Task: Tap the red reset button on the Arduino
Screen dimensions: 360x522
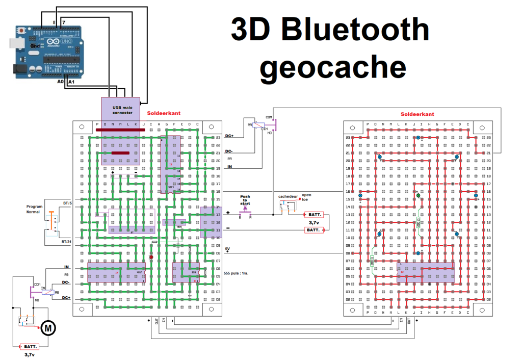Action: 21,32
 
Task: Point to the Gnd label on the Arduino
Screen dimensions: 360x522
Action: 35,46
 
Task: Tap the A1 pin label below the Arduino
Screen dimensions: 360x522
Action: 71,82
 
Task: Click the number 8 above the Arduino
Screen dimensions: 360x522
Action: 55,23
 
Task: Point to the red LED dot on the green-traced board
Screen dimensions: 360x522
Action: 151,258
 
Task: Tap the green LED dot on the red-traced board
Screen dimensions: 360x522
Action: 418,195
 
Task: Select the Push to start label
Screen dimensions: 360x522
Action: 245,199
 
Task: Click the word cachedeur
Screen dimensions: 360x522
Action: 288,196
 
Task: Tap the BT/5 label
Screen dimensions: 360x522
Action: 67,203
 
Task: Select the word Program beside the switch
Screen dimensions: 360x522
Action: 35,207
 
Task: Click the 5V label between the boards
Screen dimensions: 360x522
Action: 227,249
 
